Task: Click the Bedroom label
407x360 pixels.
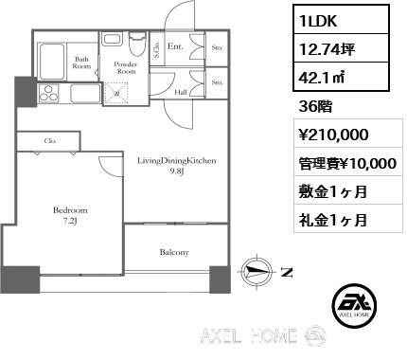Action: [x=70, y=210]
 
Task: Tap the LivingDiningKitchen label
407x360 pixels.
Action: [x=177, y=161]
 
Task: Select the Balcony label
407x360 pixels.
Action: [x=174, y=252]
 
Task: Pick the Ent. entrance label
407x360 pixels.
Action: [x=175, y=46]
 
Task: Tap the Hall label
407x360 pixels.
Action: [x=181, y=93]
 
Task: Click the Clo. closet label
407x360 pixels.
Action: [x=50, y=141]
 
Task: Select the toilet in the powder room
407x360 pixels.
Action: [x=136, y=45]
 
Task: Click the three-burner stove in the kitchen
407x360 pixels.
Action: [x=48, y=94]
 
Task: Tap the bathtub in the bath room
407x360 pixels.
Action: [x=51, y=62]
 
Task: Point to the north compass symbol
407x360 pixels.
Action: [x=257, y=271]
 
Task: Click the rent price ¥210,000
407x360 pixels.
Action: [x=333, y=135]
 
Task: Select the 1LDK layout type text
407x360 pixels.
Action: [x=318, y=21]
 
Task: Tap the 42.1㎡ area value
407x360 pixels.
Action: [x=322, y=78]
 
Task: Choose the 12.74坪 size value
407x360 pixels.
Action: [x=327, y=49]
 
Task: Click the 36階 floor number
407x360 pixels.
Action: [x=315, y=107]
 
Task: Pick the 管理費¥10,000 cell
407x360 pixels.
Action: [x=347, y=164]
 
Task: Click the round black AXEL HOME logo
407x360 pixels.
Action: [x=354, y=305]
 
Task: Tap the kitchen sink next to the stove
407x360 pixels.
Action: [x=85, y=94]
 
